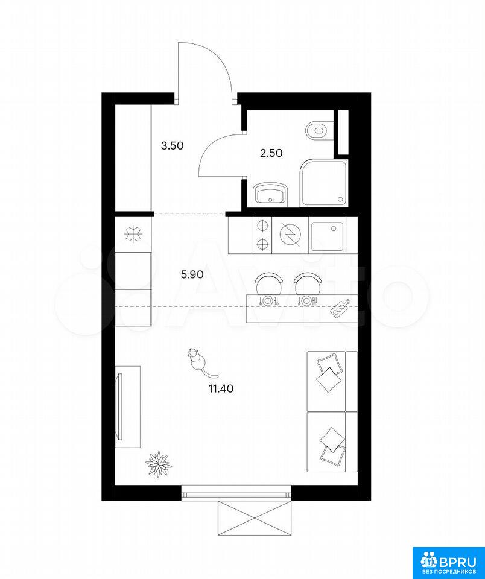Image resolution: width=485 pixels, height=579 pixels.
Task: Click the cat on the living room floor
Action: click(x=198, y=361)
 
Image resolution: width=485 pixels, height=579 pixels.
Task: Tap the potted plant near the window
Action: click(x=158, y=464)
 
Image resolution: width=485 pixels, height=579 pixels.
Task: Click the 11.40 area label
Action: click(x=221, y=388)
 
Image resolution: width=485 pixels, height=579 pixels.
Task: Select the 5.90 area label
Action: click(x=192, y=274)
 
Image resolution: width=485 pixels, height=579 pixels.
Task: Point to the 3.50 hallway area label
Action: click(x=173, y=145)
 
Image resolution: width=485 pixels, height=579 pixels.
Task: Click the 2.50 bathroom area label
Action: click(x=271, y=153)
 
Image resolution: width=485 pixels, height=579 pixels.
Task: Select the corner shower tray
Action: click(x=324, y=183)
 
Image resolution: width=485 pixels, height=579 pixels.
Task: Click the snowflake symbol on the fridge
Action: click(x=133, y=234)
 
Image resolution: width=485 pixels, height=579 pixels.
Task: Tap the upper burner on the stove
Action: click(x=262, y=225)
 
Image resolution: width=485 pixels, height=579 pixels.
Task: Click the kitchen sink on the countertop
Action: click(x=326, y=236)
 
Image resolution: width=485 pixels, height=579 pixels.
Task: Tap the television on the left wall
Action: click(x=119, y=406)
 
